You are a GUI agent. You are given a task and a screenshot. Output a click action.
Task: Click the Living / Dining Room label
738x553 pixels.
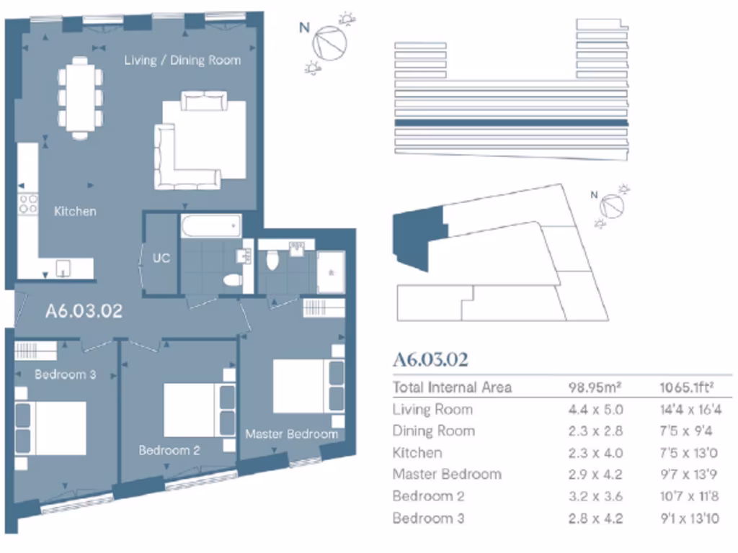pos(182,60)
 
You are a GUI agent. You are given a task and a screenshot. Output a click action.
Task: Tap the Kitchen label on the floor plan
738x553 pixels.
pos(75,212)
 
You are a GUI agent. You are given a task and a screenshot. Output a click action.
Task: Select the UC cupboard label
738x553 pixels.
pos(161,257)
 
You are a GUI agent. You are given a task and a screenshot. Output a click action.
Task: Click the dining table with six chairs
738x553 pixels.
pos(80,98)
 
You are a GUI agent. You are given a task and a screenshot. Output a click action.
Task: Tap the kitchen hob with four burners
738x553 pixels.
pos(28,203)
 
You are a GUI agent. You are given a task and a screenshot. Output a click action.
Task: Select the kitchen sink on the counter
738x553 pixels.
pos(63,269)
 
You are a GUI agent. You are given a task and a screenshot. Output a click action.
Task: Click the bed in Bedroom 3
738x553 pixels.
pos(50,428)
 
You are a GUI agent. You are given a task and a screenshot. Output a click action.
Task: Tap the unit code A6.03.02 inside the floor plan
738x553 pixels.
pos(84,312)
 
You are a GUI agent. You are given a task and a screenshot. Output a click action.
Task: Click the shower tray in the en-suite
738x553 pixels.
pos(331,272)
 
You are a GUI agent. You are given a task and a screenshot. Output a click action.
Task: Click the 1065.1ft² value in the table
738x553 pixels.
pos(687,387)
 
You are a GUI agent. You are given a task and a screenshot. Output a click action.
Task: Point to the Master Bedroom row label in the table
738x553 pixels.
pos(446,475)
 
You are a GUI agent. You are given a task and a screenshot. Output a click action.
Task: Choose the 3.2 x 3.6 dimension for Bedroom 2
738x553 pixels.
pos(595,496)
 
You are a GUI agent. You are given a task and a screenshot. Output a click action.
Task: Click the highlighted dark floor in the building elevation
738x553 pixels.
pos(511,123)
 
